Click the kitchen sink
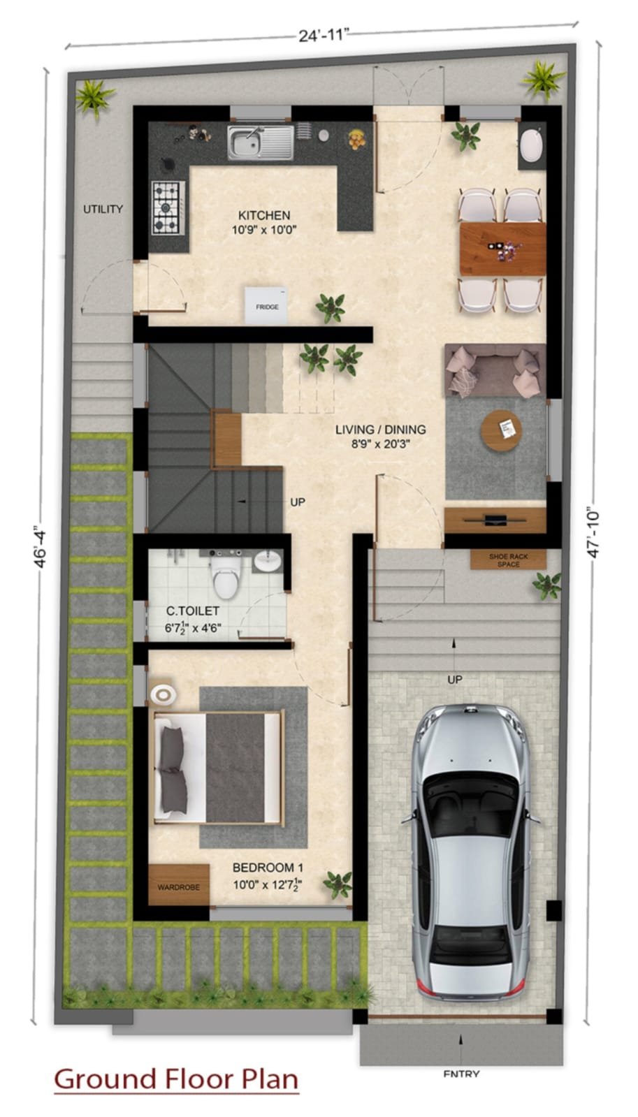pos(261,143)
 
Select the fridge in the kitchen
pos(266,305)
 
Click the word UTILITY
pos(103,209)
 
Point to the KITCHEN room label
pos(264,215)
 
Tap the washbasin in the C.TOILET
pos(268,561)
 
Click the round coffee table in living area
pos(501,431)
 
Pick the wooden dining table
pos(502,249)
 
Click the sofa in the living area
pos(495,370)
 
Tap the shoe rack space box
pos(508,560)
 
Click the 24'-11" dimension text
pos(322,36)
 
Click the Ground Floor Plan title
pos(176,1079)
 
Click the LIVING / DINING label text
pos(381,430)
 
